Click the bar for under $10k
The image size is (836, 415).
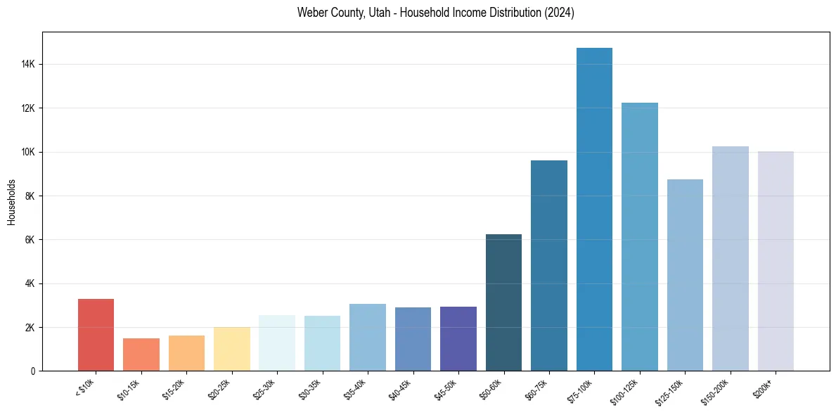click(96, 335)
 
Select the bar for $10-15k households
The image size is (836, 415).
click(141, 355)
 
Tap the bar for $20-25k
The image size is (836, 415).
click(232, 349)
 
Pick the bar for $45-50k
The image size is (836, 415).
click(458, 338)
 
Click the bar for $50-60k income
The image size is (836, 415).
click(503, 302)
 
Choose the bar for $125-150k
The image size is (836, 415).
click(685, 275)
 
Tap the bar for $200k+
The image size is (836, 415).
click(776, 261)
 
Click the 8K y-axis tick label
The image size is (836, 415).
click(30, 196)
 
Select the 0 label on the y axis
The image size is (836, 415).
click(32, 371)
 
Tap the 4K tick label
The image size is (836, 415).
click(30, 284)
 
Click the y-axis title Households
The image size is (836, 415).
click(11, 202)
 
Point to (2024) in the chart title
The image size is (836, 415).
click(559, 13)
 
